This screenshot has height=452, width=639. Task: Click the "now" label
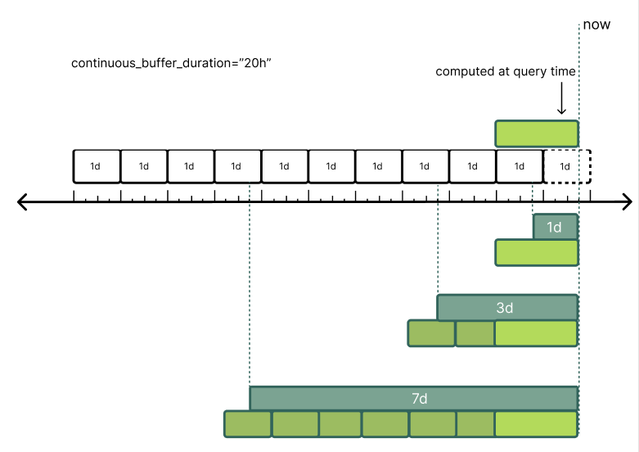pyautogui.click(x=596, y=25)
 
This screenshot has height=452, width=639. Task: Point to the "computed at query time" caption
pyautogui.click(x=506, y=71)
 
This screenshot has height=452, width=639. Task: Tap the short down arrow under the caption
pyautogui.click(x=561, y=102)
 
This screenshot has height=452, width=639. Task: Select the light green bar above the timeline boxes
pyautogui.click(x=537, y=133)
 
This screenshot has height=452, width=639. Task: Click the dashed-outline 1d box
pyautogui.click(x=566, y=166)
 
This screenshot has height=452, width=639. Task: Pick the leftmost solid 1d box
pyautogui.click(x=97, y=166)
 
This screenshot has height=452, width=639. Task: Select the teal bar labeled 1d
pyautogui.click(x=556, y=227)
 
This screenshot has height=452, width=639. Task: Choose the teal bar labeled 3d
pyautogui.click(x=507, y=308)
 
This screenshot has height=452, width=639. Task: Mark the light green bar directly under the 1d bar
pyautogui.click(x=537, y=253)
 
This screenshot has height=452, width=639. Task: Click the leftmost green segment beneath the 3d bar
pyautogui.click(x=431, y=334)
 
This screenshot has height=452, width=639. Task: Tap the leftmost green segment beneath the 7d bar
pyautogui.click(x=247, y=424)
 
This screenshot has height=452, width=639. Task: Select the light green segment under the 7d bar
pyautogui.click(x=537, y=424)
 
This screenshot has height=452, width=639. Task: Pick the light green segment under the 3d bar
pyautogui.click(x=537, y=334)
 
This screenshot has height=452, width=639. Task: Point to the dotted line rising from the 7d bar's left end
pyautogui.click(x=250, y=287)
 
